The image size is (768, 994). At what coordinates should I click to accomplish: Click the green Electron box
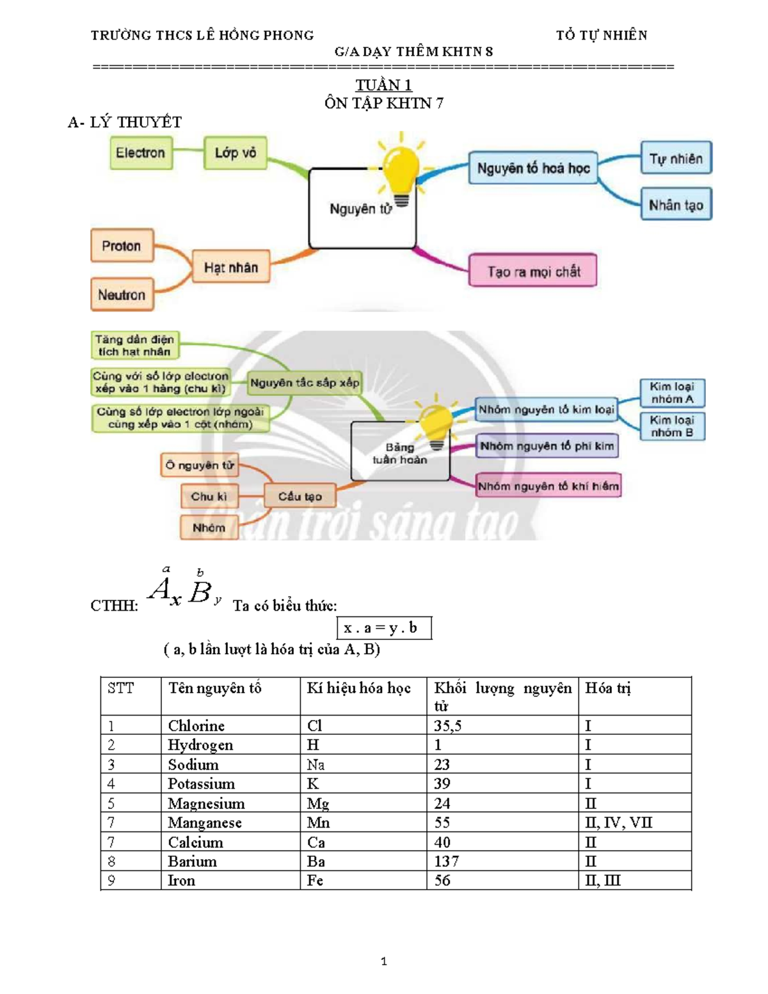coord(141,153)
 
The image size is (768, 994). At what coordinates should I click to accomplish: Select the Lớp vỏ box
coord(235,153)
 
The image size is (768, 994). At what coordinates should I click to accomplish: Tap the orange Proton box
coord(122,246)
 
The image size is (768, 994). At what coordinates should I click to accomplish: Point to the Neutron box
coord(122,294)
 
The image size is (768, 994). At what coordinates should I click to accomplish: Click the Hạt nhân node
coord(230,267)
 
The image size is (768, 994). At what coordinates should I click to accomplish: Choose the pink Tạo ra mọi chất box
coord(533,271)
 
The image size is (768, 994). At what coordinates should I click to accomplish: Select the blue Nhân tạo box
coord(676,204)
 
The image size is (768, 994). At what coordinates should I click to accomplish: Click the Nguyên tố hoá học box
coord(533,168)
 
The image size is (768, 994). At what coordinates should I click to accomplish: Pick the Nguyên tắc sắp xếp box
coord(304,383)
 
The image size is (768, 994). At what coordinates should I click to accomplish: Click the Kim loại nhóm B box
coord(672,426)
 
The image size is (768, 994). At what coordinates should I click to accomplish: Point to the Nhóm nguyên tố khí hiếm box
coord(548,486)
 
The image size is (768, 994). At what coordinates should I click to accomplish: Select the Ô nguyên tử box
coord(200,465)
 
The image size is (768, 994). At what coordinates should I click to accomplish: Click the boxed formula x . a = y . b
coord(384,628)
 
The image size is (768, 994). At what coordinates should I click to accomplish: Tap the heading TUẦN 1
coord(384,85)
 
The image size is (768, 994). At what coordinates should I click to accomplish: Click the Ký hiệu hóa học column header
coord(358,687)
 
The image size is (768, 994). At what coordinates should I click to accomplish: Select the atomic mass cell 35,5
coord(447,725)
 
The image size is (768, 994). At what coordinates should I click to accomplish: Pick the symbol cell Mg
coord(318,804)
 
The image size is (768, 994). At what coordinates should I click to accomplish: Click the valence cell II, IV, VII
coord(618,822)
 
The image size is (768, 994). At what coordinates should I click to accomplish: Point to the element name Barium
coord(192,862)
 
